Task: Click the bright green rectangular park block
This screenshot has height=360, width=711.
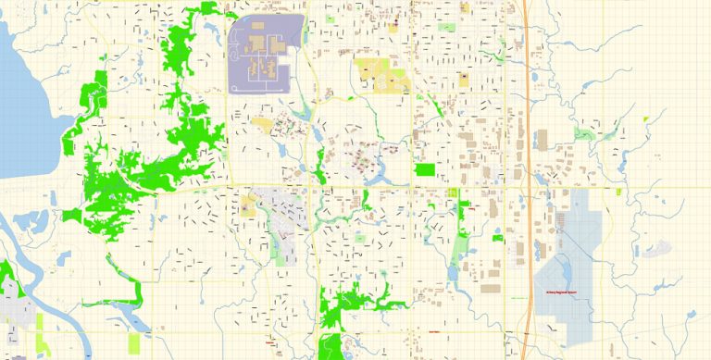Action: (425, 169)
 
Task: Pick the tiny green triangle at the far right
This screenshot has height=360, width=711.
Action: (646, 118)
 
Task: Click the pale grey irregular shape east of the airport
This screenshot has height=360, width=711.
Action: (658, 248)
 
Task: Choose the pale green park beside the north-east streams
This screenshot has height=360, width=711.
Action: (585, 133)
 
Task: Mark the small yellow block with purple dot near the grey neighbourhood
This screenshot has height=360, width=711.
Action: (248, 205)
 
